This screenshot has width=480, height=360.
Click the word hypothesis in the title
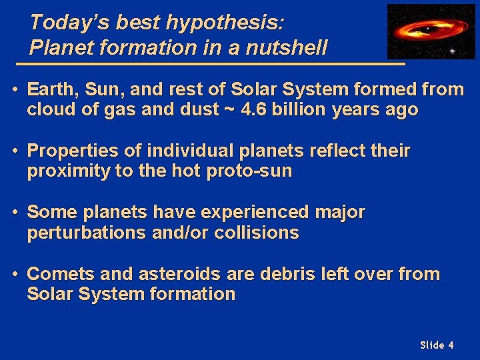225,23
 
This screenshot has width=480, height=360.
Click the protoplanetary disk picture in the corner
431,31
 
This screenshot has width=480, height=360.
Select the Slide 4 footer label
437,345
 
